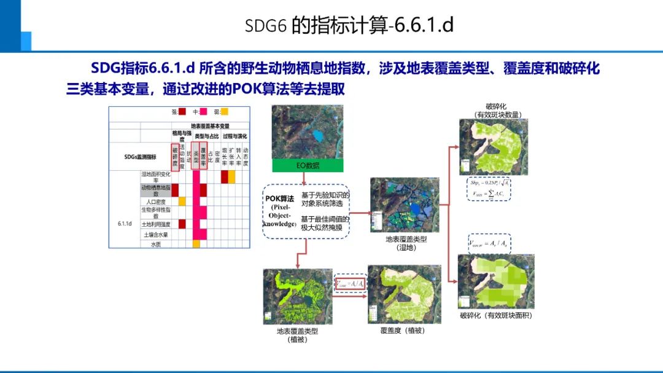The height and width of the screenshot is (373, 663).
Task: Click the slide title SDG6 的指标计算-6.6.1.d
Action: (349, 25)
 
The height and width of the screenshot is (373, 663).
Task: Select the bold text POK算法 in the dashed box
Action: (281, 198)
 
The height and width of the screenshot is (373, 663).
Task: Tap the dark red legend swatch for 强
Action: (182, 112)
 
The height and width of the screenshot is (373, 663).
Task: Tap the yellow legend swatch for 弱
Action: (225, 112)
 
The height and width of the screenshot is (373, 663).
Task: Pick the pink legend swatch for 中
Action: (204, 112)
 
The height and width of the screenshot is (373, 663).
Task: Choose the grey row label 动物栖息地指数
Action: (156, 190)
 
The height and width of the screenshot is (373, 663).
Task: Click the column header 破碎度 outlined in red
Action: (175, 157)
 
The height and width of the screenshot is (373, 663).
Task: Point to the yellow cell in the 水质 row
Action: (196, 244)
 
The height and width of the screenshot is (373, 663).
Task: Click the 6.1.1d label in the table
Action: (125, 224)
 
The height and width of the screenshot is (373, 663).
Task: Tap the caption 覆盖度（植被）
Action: (403, 330)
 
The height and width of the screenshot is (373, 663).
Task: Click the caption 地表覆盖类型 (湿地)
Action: (406, 243)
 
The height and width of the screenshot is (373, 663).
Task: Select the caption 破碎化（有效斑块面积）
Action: (496, 315)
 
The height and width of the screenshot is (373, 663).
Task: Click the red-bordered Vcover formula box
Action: (351, 283)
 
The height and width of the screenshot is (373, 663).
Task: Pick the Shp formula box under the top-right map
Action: (489, 189)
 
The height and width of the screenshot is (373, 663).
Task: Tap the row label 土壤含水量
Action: (156, 234)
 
